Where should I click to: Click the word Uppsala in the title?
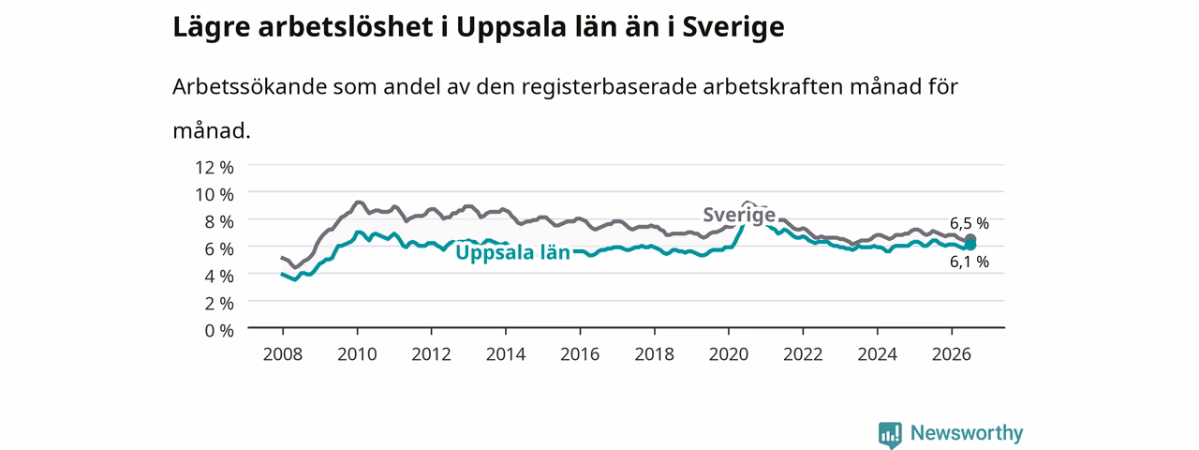511,28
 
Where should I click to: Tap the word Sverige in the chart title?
733,28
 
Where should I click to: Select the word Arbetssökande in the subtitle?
249,86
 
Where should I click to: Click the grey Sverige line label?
739,215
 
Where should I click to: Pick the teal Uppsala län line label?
512,252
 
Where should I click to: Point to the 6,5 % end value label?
970,223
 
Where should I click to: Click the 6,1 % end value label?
970,262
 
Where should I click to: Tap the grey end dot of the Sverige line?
970,239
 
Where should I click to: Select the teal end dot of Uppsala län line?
970,246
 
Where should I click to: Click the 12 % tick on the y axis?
215,168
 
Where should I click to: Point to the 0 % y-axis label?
219,331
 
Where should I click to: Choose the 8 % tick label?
219,222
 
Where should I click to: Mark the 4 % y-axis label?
219,277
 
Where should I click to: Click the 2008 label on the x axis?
283,354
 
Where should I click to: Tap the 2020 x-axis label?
729,354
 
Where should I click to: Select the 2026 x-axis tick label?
952,354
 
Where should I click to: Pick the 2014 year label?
506,354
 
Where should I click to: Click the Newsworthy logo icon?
890,434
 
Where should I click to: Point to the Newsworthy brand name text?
967,432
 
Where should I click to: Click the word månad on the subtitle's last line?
212,130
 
